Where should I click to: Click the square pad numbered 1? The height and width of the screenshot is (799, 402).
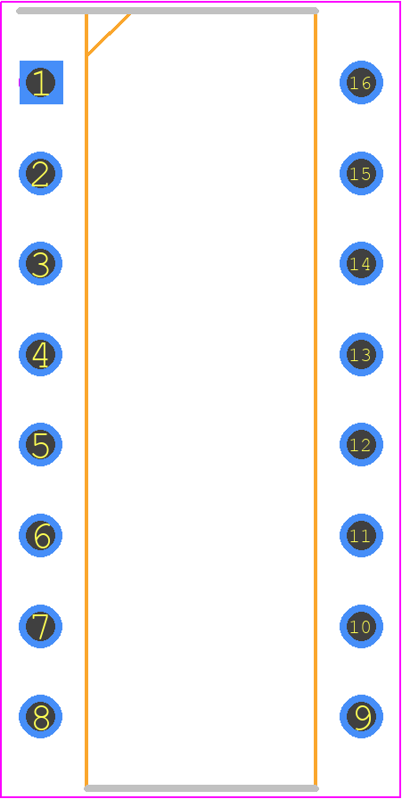41,83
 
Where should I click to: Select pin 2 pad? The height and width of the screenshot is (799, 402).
41,173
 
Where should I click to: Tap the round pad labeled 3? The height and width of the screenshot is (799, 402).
41,264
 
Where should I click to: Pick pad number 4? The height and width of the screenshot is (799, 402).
41,355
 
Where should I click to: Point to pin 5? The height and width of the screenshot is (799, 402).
41,444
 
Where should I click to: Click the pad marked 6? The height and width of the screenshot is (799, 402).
41,536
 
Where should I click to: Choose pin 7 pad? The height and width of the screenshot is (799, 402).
41,626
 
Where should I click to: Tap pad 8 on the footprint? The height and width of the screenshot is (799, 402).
41,716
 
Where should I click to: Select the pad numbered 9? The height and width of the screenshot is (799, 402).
361,716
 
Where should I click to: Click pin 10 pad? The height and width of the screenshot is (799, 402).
361,626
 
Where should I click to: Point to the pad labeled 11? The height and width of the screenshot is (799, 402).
361,536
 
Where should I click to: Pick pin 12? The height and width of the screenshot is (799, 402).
361,444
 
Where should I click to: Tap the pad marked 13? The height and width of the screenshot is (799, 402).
361,355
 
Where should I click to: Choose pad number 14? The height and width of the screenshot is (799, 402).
361,264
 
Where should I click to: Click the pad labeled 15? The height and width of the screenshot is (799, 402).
361,173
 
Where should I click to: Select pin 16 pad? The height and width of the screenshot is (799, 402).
361,83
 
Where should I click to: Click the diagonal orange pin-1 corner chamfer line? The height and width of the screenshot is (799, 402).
109,34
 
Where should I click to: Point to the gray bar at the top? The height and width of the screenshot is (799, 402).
168,11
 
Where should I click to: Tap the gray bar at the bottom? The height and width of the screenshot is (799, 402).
201,788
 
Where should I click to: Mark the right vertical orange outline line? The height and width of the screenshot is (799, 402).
316,399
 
